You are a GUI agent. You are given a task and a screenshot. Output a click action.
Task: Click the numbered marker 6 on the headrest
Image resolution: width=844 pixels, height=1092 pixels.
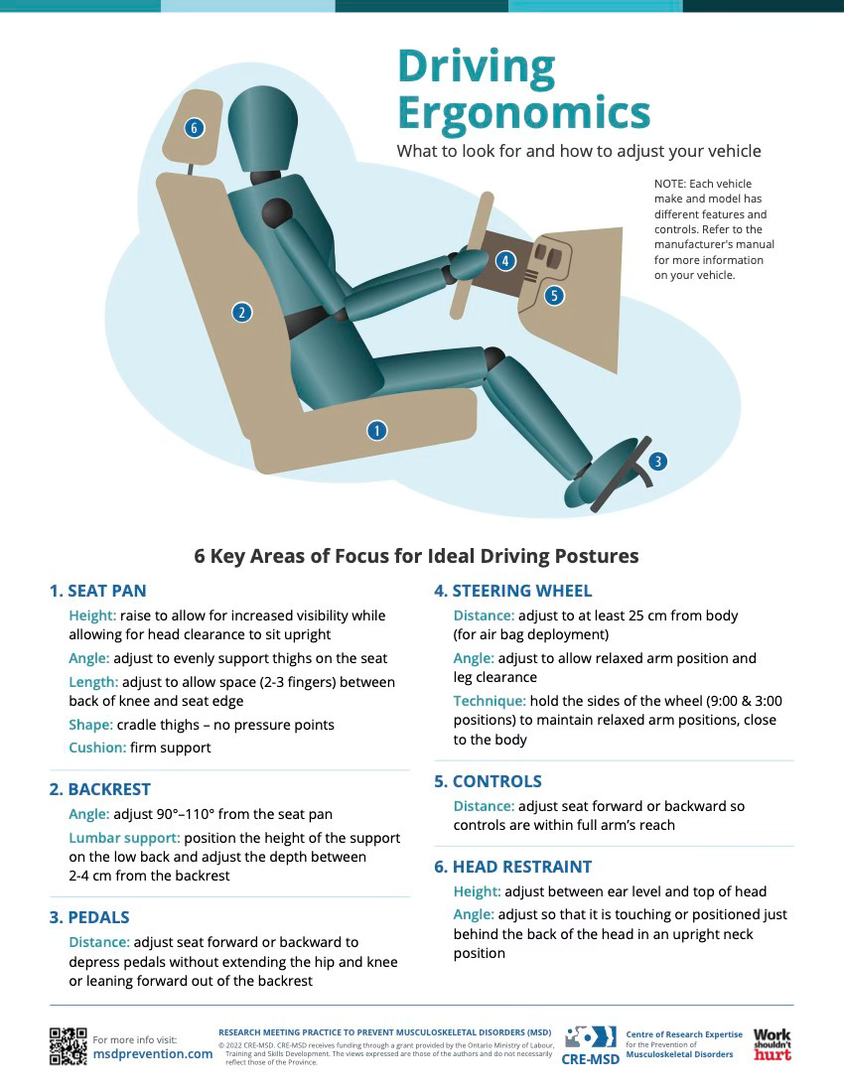tap(195, 127)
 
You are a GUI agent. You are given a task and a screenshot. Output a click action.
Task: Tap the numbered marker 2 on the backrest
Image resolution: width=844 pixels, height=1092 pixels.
tap(241, 312)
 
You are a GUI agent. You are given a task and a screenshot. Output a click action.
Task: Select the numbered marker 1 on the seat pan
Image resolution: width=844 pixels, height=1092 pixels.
tap(376, 431)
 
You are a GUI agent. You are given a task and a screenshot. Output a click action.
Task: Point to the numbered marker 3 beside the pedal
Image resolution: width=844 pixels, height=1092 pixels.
tap(657, 461)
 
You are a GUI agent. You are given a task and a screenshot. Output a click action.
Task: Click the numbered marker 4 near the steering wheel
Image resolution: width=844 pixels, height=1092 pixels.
tap(505, 261)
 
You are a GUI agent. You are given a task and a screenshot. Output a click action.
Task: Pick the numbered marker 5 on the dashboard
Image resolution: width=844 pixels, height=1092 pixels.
tap(554, 295)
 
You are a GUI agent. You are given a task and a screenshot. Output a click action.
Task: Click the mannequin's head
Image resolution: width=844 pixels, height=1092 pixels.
tap(262, 129)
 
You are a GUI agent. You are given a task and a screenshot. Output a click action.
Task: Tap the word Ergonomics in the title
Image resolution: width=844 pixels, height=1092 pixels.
tap(523, 113)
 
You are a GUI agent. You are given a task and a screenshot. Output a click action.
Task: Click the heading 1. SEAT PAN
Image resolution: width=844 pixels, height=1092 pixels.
tap(97, 592)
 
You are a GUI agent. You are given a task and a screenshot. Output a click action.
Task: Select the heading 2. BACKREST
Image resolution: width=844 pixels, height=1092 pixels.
tap(99, 789)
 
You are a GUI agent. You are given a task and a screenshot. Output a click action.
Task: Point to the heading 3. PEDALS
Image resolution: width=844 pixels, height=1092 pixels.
tap(89, 917)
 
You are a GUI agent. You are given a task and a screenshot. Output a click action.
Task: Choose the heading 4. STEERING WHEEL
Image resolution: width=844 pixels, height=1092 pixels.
tap(512, 592)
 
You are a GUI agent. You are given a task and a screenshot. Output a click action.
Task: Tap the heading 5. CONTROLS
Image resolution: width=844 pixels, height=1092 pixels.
tap(488, 781)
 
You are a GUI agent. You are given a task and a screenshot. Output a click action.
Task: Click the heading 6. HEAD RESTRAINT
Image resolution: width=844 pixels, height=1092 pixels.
tap(512, 867)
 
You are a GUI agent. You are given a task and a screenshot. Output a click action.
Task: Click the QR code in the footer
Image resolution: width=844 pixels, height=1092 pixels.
tap(69, 1046)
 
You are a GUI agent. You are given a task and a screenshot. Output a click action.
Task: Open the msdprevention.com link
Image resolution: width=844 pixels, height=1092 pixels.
tap(153, 1053)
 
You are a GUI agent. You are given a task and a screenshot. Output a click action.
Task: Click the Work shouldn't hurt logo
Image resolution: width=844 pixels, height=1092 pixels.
tap(773, 1044)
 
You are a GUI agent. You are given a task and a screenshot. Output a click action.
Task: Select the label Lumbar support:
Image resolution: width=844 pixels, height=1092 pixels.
tap(124, 838)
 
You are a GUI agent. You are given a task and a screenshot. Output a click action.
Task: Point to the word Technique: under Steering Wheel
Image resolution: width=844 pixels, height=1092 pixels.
tap(490, 701)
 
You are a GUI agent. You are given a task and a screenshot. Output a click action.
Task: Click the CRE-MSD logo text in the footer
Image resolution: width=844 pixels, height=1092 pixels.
tap(591, 1059)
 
